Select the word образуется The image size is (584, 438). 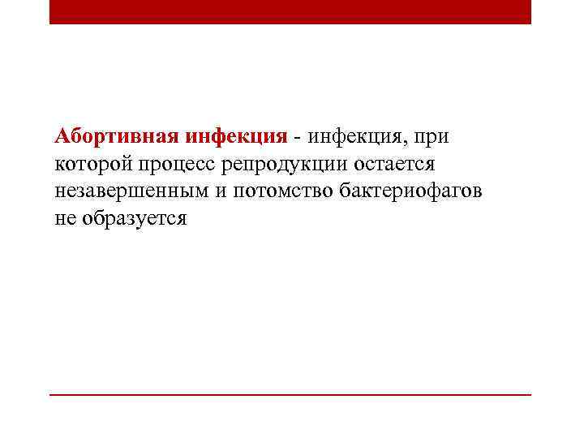click(x=134, y=220)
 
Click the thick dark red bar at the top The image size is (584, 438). click(x=290, y=11)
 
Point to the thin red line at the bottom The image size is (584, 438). click(x=290, y=395)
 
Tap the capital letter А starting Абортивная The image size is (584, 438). click(x=62, y=135)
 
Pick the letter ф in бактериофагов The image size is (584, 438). click(x=436, y=191)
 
